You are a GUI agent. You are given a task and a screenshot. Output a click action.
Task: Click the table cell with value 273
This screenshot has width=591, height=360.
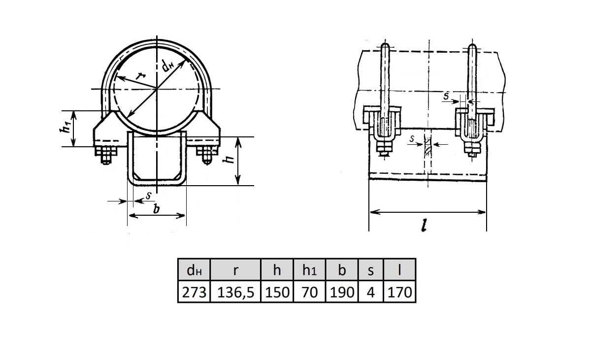[x=194, y=291]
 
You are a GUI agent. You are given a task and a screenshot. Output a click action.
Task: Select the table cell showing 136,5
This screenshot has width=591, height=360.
[x=235, y=291]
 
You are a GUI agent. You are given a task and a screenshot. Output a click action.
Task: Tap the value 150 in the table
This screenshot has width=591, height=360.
[x=277, y=291]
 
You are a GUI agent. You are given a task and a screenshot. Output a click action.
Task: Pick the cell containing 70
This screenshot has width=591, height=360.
[x=309, y=291]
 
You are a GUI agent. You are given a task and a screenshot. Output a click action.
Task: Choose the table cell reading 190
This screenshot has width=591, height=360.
[x=342, y=291]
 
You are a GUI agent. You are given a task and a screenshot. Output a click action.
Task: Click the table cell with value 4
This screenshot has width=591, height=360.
[x=370, y=291]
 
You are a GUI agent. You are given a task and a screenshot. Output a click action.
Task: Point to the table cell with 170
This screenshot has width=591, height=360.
[x=399, y=291]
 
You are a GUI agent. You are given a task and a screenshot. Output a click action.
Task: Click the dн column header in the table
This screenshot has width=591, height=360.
[x=194, y=269]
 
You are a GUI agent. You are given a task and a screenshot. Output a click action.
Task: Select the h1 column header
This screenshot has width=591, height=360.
[x=309, y=269]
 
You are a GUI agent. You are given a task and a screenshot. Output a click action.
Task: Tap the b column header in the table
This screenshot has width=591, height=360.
[x=342, y=269]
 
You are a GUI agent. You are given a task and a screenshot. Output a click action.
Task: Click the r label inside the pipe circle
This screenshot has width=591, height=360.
[x=141, y=76]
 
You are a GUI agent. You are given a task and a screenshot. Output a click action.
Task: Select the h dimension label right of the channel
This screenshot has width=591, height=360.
[x=229, y=159]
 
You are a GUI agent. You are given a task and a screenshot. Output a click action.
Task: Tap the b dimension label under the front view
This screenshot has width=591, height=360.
[x=157, y=209]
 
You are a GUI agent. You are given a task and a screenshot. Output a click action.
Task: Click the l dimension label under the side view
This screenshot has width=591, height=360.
[x=424, y=226]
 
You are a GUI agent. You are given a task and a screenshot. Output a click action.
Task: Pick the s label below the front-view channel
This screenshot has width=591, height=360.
[x=149, y=196]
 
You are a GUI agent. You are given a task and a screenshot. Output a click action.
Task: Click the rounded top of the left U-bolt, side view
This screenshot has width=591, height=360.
[x=385, y=47]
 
